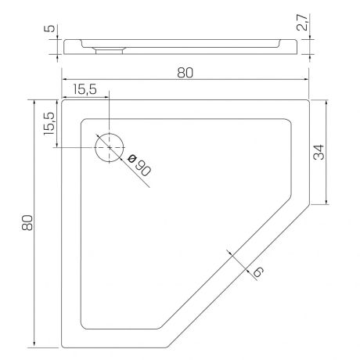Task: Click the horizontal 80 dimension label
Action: click(x=185, y=73)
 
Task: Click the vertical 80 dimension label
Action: click(x=27, y=223)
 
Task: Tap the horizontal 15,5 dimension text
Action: click(x=85, y=89)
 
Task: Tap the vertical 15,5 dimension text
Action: click(x=49, y=124)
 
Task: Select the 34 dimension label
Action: click(x=319, y=152)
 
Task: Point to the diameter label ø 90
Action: click(x=139, y=165)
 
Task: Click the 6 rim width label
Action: click(x=258, y=272)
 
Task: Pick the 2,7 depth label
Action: click(x=303, y=23)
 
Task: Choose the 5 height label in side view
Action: click(x=49, y=28)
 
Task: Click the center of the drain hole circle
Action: click(x=110, y=147)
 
